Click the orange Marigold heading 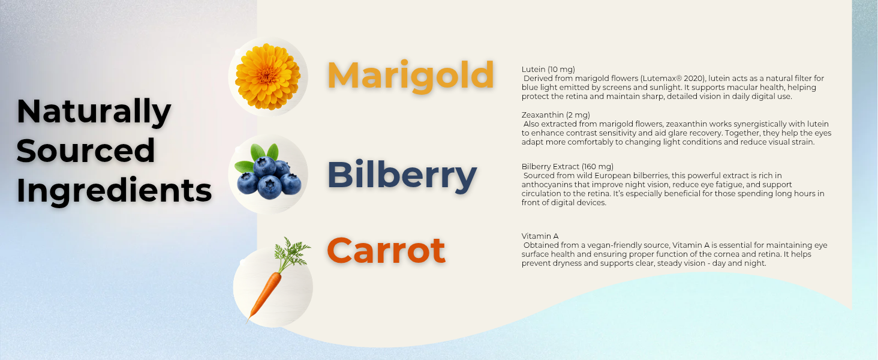coord(410,76)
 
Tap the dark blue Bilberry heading coord(401,175)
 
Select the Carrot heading coord(386,250)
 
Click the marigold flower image coord(267,76)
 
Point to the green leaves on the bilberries coord(264,152)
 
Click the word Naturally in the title coord(94,112)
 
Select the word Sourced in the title coord(86,151)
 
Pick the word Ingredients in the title coord(114,190)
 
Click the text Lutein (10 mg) coord(548,70)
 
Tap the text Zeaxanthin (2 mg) coord(556,115)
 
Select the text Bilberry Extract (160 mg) coord(567,167)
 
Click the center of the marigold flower coord(267,76)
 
